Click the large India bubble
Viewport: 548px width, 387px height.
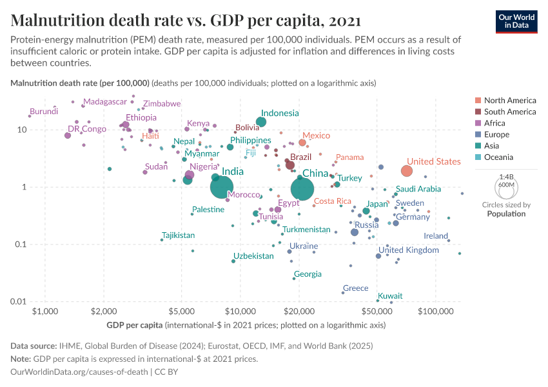(221, 187)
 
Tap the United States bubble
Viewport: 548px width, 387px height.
(406, 171)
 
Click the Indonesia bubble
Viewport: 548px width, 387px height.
(261, 122)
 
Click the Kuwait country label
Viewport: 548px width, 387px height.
(390, 296)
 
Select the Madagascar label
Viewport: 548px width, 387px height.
(105, 102)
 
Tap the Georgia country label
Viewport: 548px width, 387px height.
(308, 274)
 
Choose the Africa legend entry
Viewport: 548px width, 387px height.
(496, 123)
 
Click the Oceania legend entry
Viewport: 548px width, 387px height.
(499, 157)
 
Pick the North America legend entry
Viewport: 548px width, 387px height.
(509, 101)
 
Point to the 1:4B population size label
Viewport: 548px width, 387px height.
(507, 177)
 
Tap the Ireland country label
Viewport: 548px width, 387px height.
(436, 236)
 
